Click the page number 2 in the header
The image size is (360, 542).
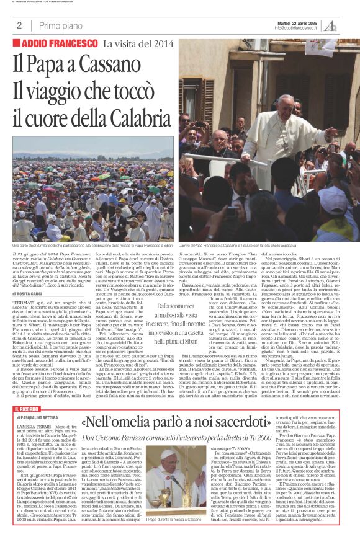(x=19, y=25)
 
